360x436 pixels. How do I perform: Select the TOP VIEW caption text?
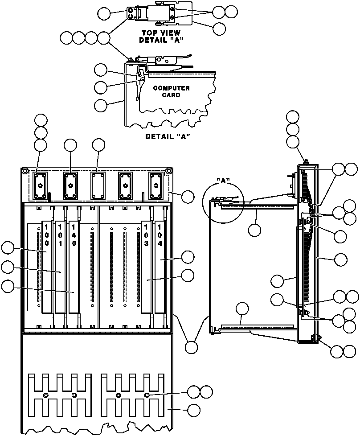click(x=161, y=33)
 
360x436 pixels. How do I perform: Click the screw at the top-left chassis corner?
click(x=25, y=171)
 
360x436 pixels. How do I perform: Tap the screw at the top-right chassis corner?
click(x=169, y=171)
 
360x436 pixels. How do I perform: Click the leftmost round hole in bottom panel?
click(x=46, y=395)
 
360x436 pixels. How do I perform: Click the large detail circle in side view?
click(x=221, y=203)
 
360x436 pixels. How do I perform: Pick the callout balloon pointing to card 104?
click(x=188, y=257)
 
